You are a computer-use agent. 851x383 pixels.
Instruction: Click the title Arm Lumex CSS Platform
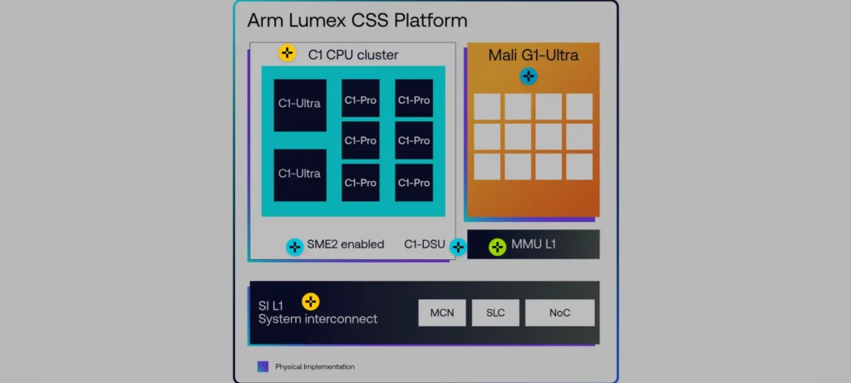[x=357, y=20]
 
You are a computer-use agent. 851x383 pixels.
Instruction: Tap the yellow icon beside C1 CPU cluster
[x=287, y=54]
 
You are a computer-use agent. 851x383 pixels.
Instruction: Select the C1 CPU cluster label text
[x=353, y=55]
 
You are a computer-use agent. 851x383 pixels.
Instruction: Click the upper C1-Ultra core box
[x=300, y=105]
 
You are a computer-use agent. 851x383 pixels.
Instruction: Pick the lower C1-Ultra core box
[x=300, y=174]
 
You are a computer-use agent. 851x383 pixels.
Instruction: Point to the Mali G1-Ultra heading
[x=534, y=56]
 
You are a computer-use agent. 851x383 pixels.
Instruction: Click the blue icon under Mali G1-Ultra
[x=529, y=76]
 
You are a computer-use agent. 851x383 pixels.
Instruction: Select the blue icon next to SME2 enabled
[x=295, y=247]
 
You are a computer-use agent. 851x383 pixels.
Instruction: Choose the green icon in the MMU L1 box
[x=497, y=246]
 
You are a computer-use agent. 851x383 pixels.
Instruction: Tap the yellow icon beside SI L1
[x=311, y=302]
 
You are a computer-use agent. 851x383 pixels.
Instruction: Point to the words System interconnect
[x=317, y=319]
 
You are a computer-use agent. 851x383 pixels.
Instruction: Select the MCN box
[x=441, y=312]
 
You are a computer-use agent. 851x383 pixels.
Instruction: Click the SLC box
[x=495, y=312]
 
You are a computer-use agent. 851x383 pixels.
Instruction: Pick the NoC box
[x=559, y=312]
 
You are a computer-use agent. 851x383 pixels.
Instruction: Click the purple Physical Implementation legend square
[x=263, y=366]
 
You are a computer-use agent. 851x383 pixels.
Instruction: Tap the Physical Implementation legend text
[x=315, y=366]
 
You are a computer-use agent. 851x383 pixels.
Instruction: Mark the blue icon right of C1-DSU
[x=458, y=247]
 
